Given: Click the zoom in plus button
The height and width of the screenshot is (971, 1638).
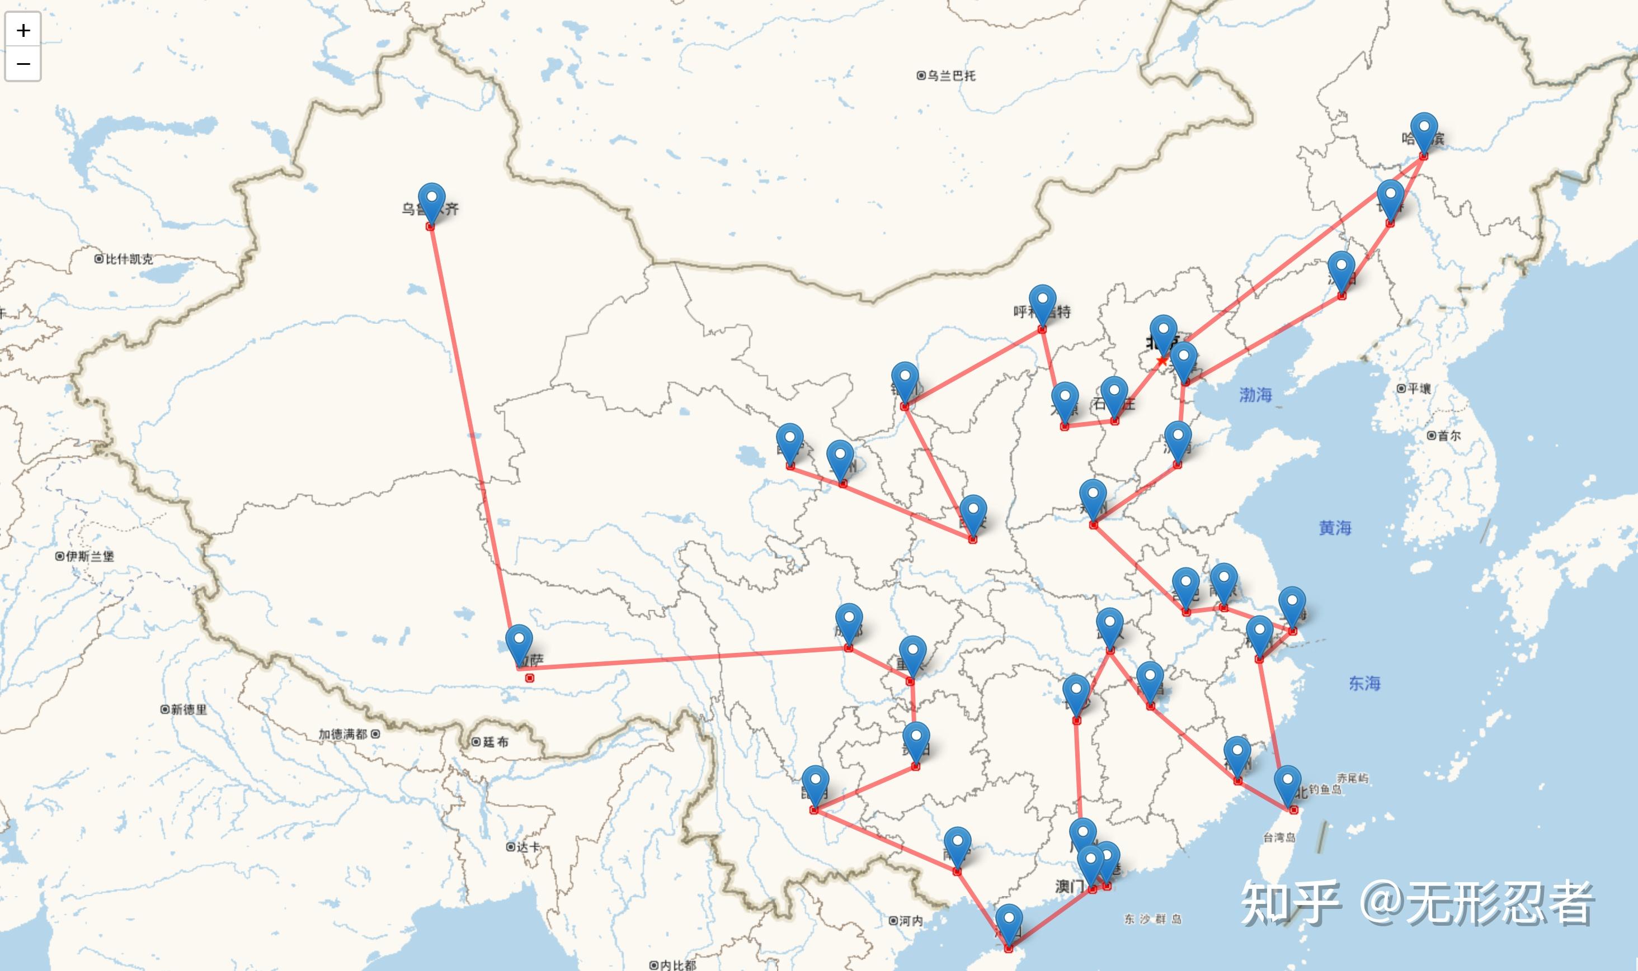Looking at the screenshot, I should [x=23, y=30].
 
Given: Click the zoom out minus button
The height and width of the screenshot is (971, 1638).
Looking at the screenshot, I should [x=23, y=64].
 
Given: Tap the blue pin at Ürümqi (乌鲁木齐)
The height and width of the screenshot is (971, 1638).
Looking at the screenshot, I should [x=431, y=200].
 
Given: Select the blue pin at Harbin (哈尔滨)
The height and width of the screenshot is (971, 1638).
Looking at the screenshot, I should [x=1424, y=130].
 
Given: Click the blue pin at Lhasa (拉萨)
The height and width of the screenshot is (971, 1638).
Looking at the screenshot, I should [x=519, y=642].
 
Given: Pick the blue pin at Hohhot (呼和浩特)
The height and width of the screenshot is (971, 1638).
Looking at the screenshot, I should [x=1042, y=302].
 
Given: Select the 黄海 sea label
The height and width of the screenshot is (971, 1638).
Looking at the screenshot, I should [x=1335, y=527].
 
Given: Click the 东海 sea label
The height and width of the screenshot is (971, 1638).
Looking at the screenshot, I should [x=1364, y=683].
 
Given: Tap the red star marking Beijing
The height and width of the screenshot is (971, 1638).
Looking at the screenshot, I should [x=1162, y=361].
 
